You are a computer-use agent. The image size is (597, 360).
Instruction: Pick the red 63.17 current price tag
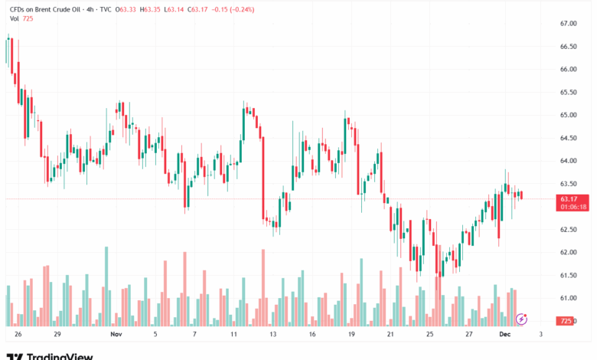coord(568,198)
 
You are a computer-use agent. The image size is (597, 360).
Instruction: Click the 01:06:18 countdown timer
coord(573,207)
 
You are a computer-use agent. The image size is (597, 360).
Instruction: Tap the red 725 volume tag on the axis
coord(566,321)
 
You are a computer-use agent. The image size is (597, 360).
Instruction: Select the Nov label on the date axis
coord(116,335)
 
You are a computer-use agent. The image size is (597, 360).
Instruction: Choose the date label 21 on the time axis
coord(390,335)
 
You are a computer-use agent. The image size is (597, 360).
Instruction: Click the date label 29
coord(57,335)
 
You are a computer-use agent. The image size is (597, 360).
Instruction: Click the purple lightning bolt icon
coord(522,318)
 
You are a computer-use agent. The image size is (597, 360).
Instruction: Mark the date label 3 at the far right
coord(540,335)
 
